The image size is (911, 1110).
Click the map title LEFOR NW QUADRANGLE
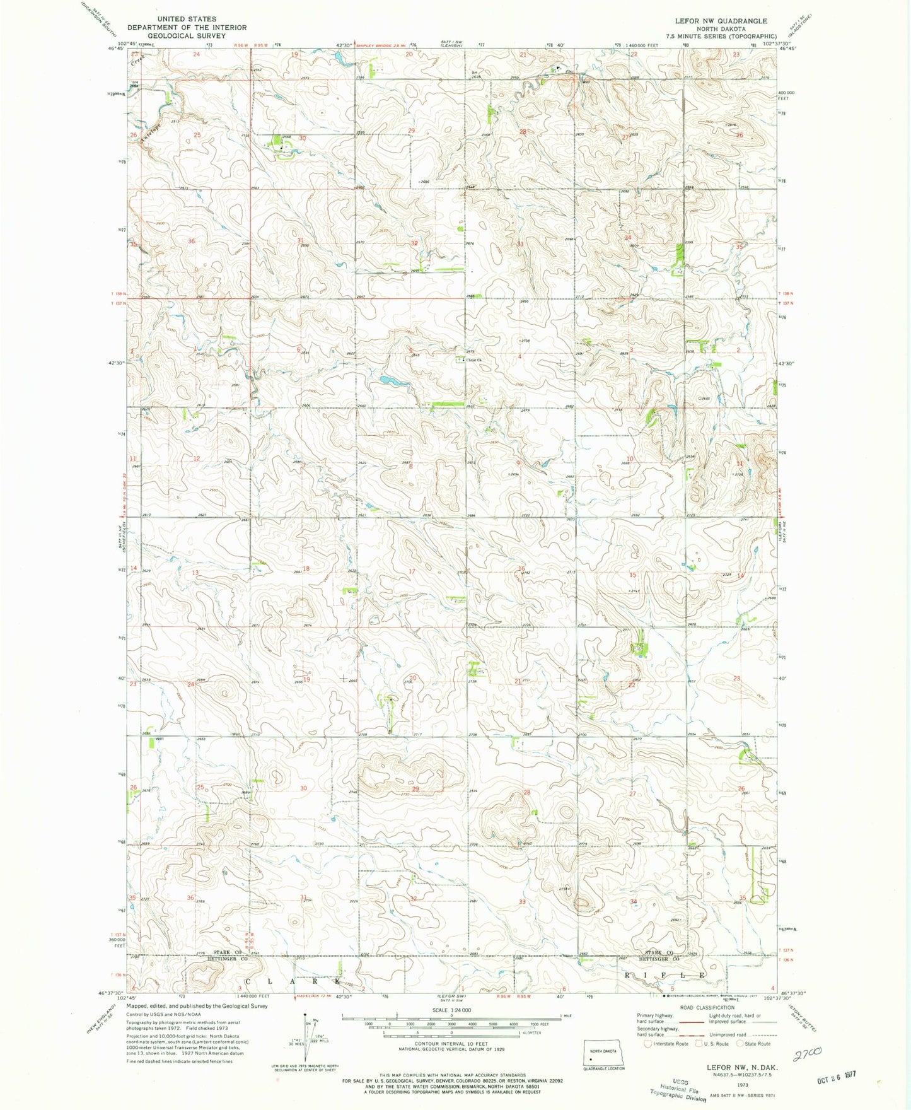pos(721,21)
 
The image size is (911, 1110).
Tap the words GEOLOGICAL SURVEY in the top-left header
pos(187,36)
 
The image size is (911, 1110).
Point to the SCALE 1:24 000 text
pos(451,1010)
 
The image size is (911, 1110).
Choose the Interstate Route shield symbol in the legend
pos(647,1044)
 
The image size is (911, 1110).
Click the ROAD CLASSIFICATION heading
pos(706,1008)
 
